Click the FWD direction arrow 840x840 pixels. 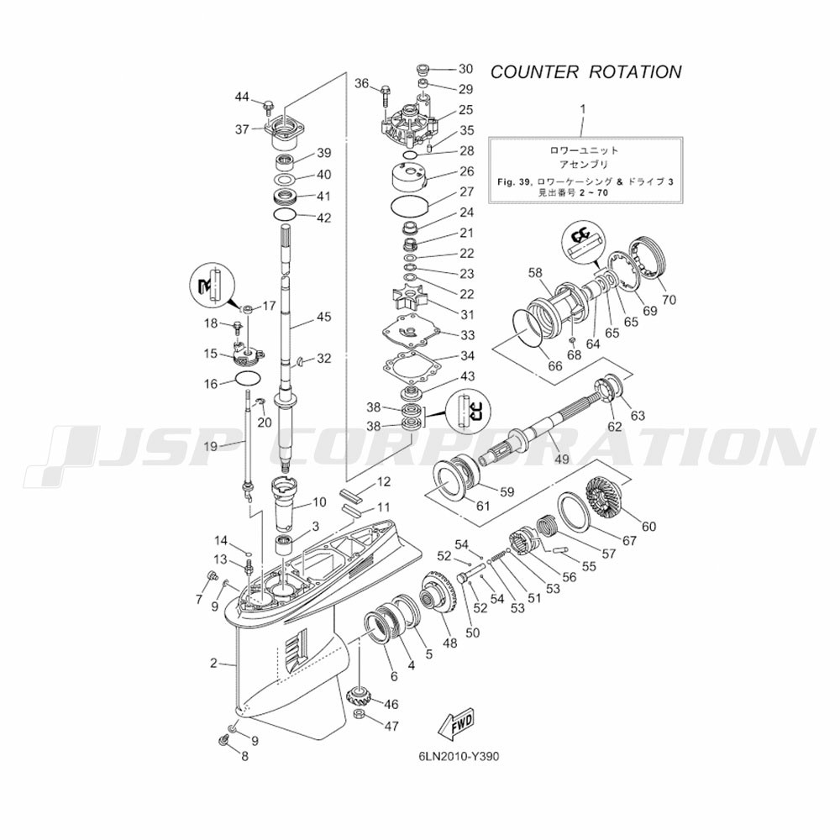[454, 721]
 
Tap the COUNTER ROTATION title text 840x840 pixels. [585, 71]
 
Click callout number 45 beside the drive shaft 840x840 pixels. [324, 318]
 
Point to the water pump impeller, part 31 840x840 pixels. [407, 301]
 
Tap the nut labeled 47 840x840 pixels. [358, 715]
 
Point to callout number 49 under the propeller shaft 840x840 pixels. [561, 459]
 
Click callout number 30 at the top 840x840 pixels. [465, 69]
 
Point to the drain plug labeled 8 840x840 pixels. [223, 739]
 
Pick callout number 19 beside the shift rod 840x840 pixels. [210, 446]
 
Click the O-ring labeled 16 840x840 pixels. [247, 378]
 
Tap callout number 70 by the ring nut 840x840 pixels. [669, 299]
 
